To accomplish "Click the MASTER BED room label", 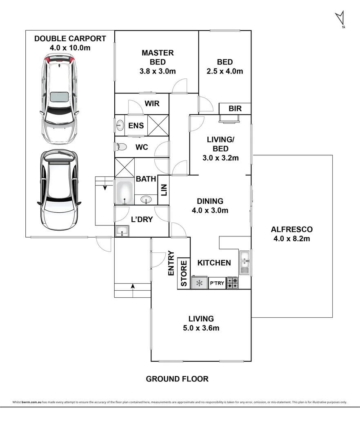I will [x=158, y=58].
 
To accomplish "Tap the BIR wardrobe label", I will [x=235, y=109].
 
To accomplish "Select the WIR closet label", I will [x=151, y=104].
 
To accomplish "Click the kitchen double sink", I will [x=245, y=262].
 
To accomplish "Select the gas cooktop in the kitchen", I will [x=233, y=283].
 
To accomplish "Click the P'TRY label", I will [x=217, y=283].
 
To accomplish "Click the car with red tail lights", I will [x=60, y=99].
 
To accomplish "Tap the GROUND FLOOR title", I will [x=177, y=379].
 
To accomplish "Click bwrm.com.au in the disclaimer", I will [x=31, y=402].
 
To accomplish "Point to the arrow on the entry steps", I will [x=132, y=287].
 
